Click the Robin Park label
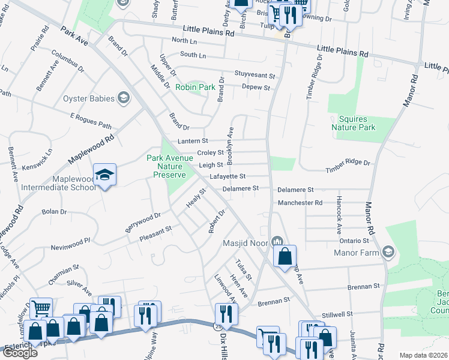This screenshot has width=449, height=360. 195,87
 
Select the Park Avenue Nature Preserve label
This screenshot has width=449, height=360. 169,166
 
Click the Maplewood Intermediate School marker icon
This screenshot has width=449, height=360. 105,175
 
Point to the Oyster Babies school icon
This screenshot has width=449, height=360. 124,97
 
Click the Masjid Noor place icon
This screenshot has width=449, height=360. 277,241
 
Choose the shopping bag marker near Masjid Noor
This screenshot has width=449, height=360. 285,256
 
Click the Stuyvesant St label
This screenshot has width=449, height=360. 255,76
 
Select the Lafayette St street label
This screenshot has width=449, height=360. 228,176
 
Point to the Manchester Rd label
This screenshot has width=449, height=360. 300,203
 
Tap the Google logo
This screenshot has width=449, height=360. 20,352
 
